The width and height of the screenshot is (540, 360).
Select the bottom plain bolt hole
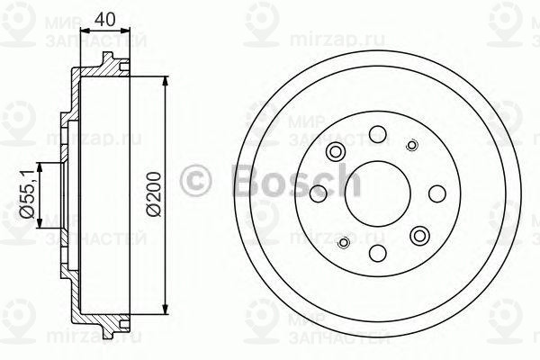coord(378,251)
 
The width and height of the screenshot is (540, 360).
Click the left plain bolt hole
coord(318,193)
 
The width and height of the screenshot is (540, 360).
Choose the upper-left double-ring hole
coord(337,151)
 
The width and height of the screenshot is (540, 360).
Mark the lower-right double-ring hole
coord(418,235)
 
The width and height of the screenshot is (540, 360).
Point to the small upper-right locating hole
coord(413,145)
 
